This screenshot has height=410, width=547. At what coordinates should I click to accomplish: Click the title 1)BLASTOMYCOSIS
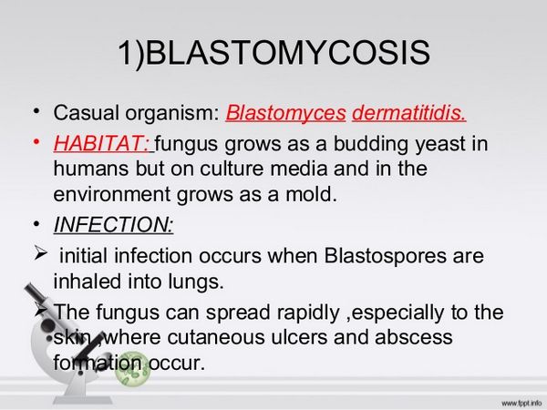tap(273, 54)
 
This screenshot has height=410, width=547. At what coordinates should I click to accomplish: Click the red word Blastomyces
tap(285, 115)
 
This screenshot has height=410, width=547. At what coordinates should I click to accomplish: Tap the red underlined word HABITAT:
tap(103, 144)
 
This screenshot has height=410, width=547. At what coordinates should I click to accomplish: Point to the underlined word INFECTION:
tap(113, 224)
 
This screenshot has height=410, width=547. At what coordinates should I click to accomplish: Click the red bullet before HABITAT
tap(37, 142)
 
